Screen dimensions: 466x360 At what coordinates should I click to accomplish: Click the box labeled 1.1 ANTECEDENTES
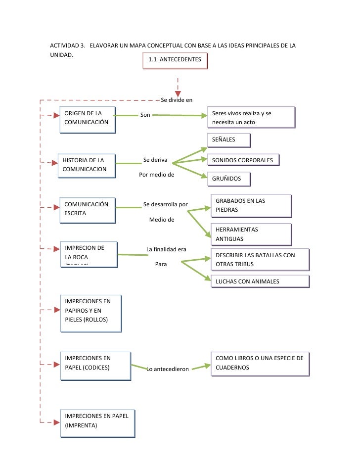(x=175, y=60)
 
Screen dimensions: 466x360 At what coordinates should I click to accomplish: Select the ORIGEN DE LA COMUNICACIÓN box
(x=88, y=119)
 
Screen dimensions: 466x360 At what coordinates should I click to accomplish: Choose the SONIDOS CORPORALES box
(x=243, y=160)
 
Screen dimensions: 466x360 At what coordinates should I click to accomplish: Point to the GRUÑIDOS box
(x=228, y=179)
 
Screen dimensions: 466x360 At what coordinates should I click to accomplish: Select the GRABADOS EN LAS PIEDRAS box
(x=250, y=205)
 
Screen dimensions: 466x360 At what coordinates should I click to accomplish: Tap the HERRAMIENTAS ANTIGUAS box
(x=250, y=234)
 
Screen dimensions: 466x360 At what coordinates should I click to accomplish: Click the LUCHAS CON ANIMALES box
(x=260, y=281)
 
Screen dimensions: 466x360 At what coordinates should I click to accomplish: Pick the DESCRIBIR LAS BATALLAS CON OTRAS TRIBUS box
(x=260, y=260)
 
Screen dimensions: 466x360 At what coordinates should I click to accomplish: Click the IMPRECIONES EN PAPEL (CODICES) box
(x=95, y=366)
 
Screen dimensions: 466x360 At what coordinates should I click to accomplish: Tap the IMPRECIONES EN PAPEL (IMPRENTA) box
(x=97, y=423)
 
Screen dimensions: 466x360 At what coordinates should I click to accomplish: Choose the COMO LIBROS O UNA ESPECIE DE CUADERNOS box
(x=260, y=364)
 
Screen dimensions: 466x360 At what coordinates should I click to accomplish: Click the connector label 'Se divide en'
(x=177, y=100)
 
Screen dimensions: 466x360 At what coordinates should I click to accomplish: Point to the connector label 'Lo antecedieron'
(x=168, y=369)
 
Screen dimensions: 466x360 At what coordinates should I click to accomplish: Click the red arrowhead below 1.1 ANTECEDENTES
(x=178, y=93)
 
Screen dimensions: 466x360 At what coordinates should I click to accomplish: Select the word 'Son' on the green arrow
(x=145, y=115)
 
